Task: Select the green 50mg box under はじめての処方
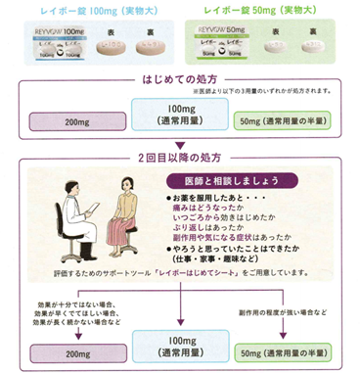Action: pyautogui.click(x=296, y=120)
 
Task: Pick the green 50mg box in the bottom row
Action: pyautogui.click(x=296, y=350)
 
